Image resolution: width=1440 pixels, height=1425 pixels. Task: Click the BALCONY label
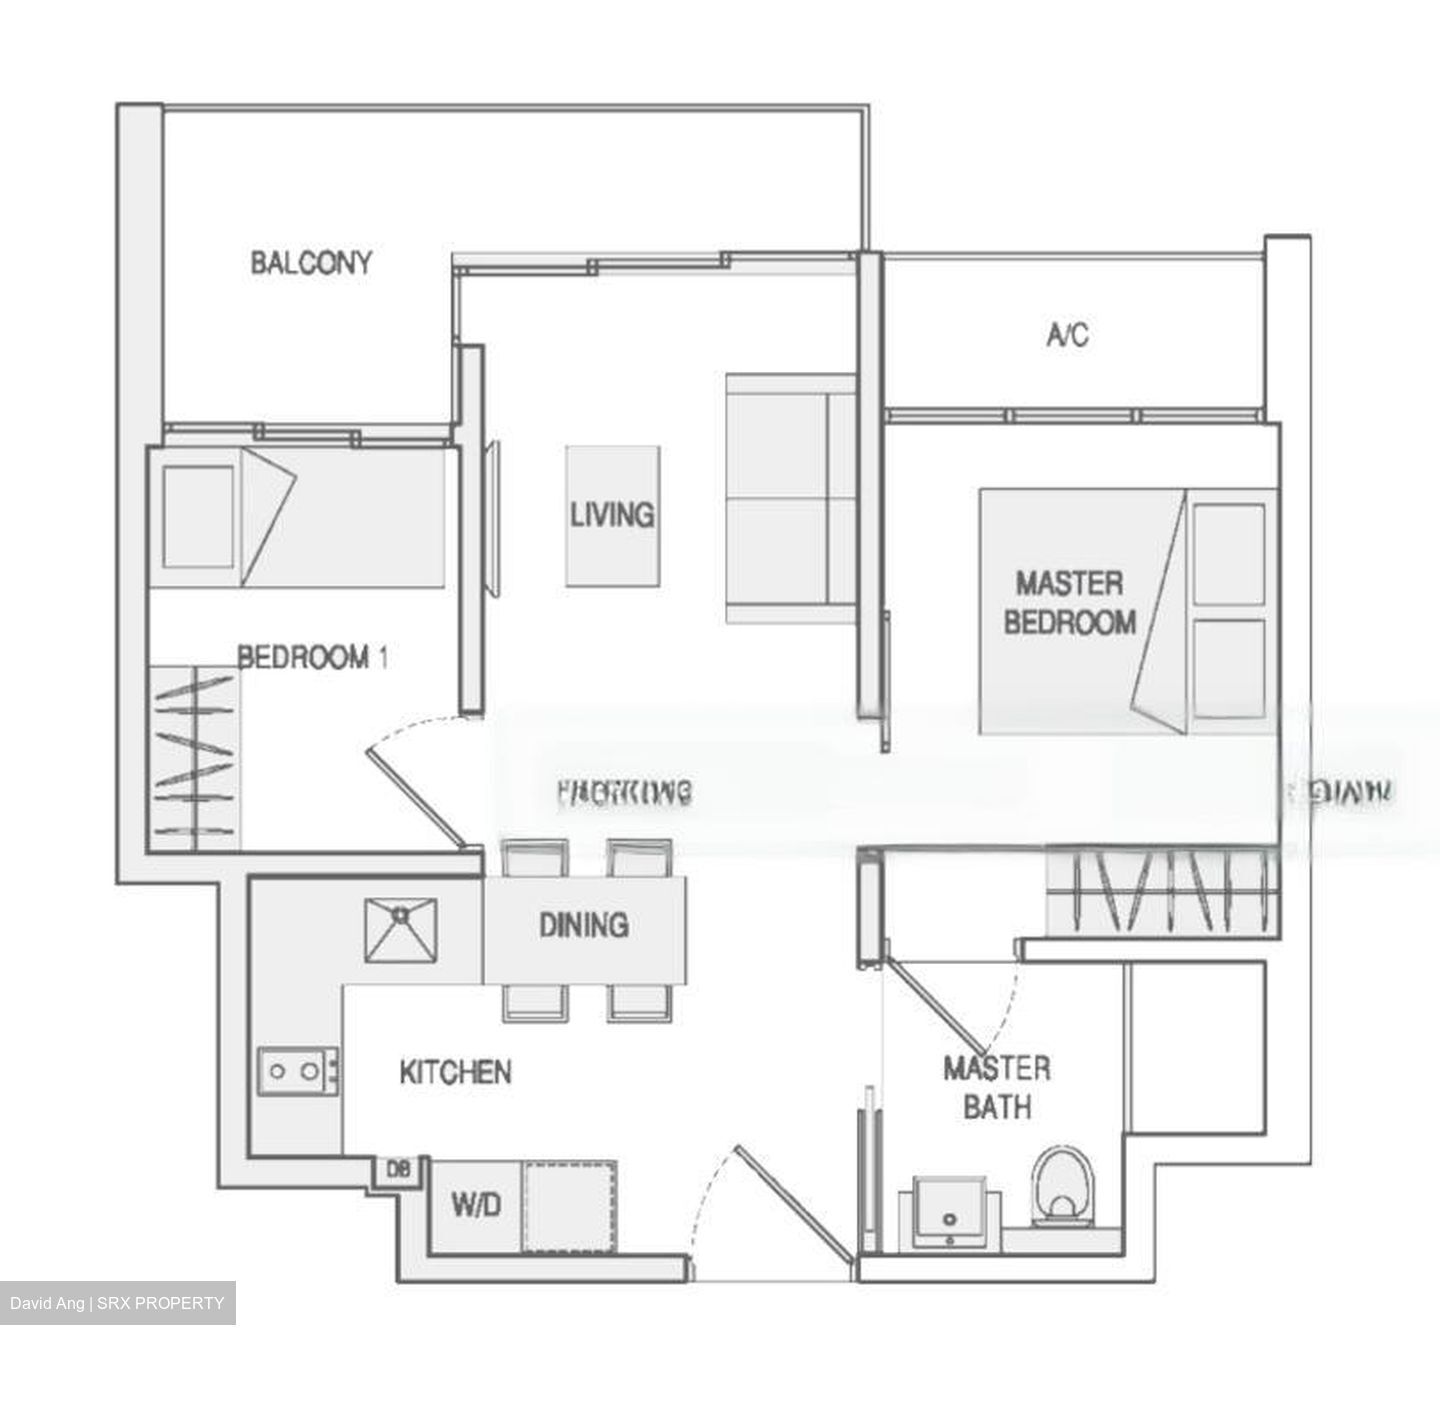311,263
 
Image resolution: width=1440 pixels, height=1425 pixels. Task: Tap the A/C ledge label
1067,335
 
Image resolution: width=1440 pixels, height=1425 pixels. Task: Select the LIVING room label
612,515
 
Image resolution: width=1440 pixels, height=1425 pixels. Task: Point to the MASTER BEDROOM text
1069,603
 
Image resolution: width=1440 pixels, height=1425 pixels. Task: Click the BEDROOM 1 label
312,657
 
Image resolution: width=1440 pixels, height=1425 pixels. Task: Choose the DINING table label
584,925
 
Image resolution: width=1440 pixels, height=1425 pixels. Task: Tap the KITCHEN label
455,1073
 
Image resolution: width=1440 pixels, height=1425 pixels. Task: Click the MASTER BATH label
997,1088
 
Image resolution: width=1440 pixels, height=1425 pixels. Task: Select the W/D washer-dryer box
475,1206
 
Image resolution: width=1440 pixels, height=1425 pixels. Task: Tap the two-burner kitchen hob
297,1072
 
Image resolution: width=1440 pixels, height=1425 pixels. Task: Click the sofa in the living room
790,500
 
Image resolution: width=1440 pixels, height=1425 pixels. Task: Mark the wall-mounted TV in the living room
494,520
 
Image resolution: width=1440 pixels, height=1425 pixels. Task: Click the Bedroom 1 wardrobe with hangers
195,758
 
